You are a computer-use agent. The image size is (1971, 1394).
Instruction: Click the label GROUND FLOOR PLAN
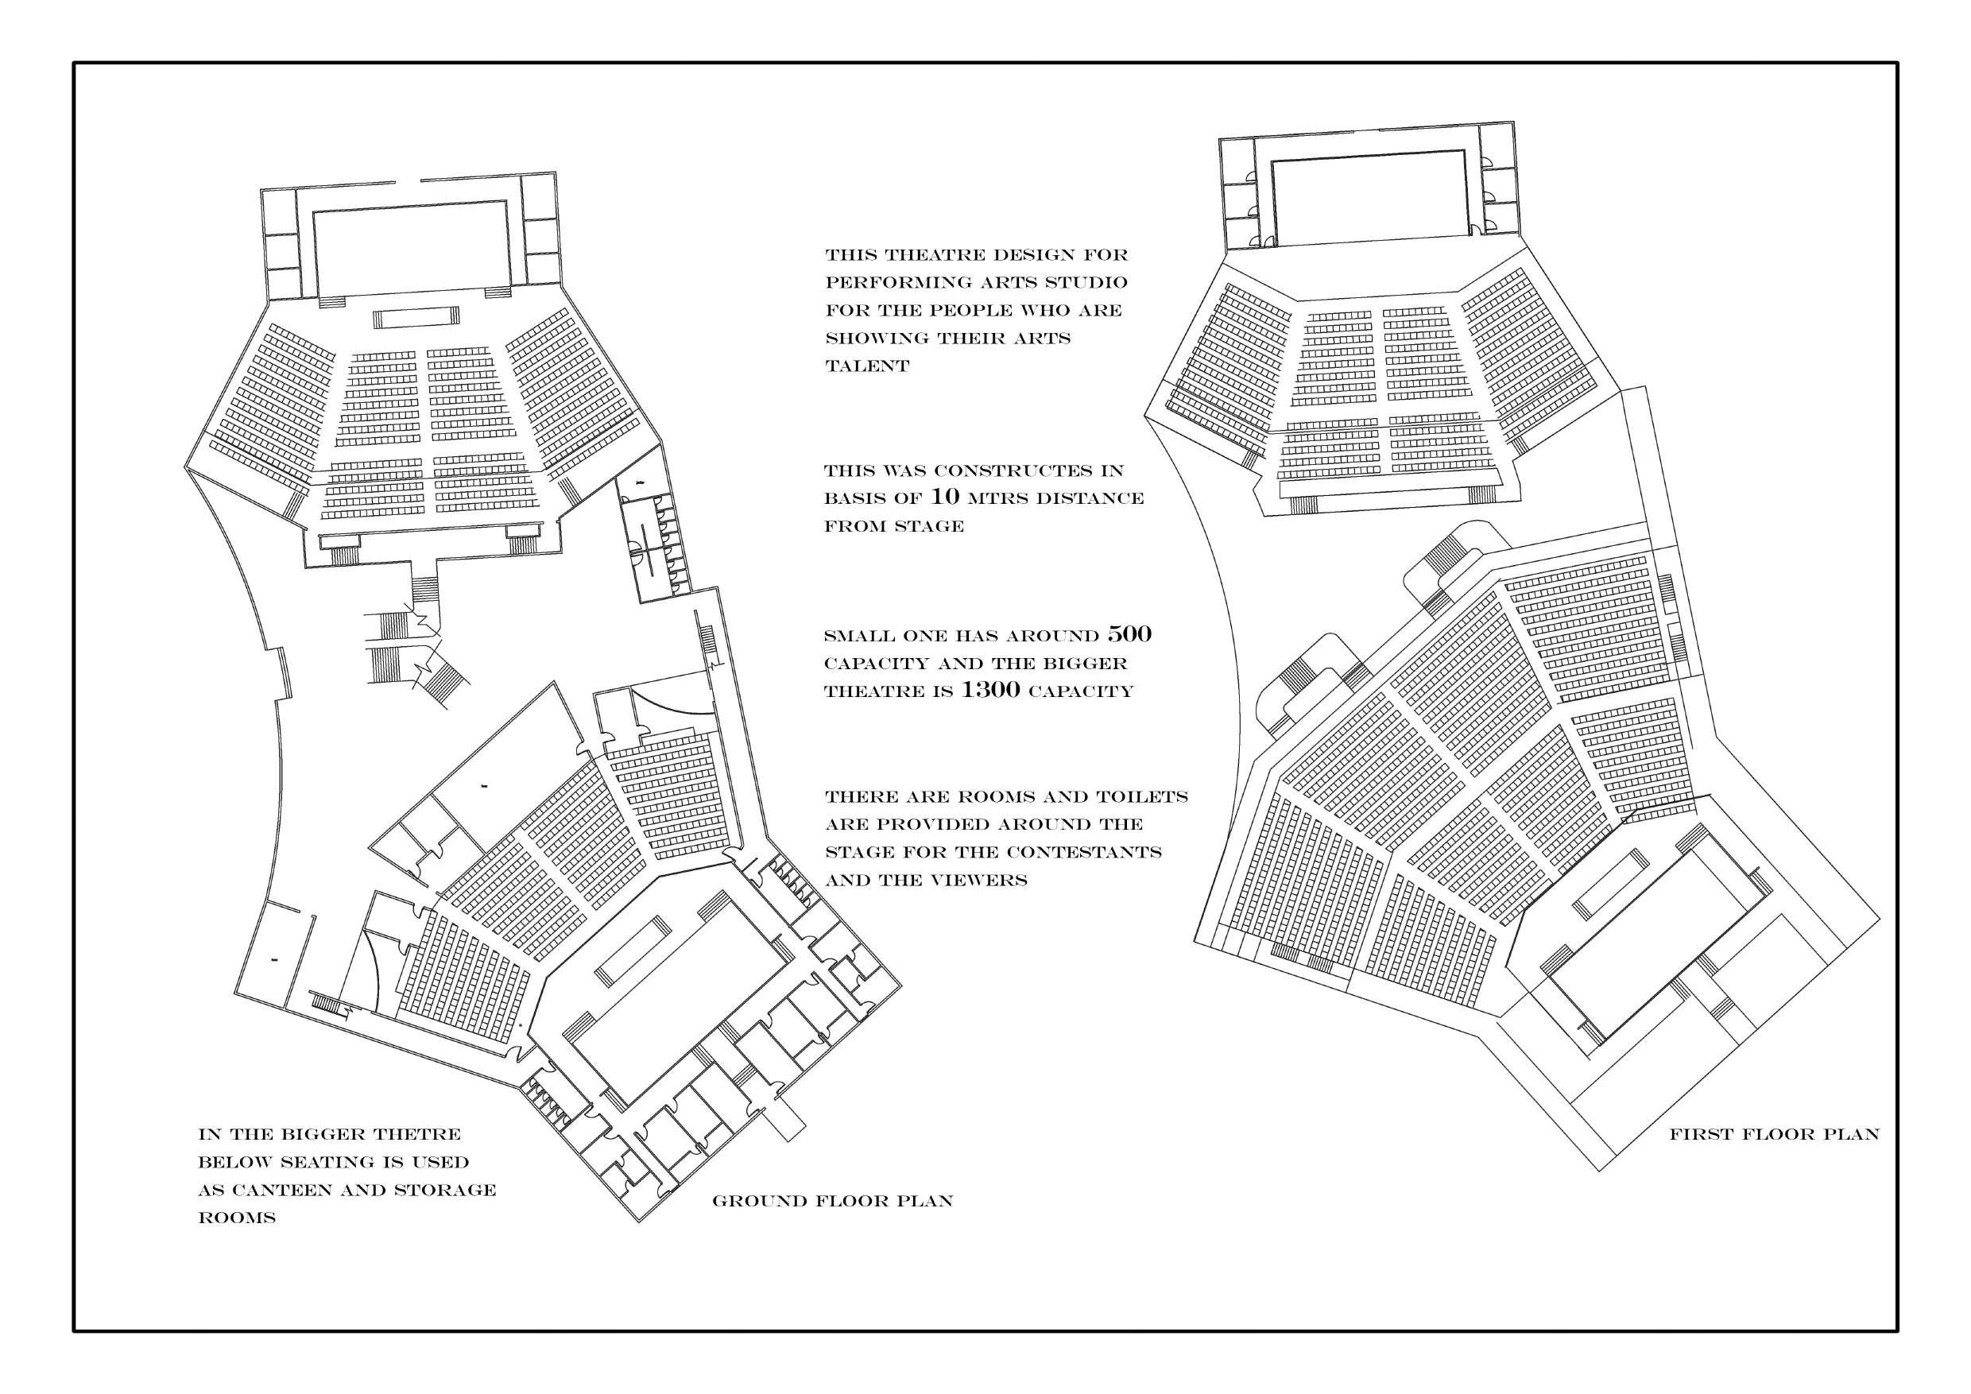click(x=832, y=1201)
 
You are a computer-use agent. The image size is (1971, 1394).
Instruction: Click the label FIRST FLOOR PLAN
click(x=1774, y=1135)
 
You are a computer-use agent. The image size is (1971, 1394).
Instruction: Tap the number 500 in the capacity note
click(x=1129, y=634)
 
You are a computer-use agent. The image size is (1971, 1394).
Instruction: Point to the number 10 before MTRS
click(x=944, y=497)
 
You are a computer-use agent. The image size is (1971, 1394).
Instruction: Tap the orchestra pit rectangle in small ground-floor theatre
click(x=414, y=318)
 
